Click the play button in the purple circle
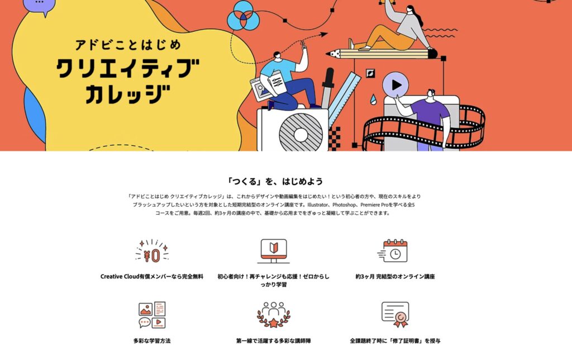click(396, 85)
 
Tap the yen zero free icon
click(152, 251)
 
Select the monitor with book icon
click(274, 251)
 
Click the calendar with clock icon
click(393, 251)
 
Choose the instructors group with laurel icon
click(274, 315)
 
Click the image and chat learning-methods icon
click(152, 315)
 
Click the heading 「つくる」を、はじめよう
click(274, 181)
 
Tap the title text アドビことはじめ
click(128, 45)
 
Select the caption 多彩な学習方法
click(152, 340)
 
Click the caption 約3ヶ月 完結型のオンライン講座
click(395, 276)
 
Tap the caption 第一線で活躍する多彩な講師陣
click(274, 340)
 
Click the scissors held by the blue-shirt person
click(303, 45)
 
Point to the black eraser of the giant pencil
click(433, 54)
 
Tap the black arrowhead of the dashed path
click(323, 35)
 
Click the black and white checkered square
click(335, 139)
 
